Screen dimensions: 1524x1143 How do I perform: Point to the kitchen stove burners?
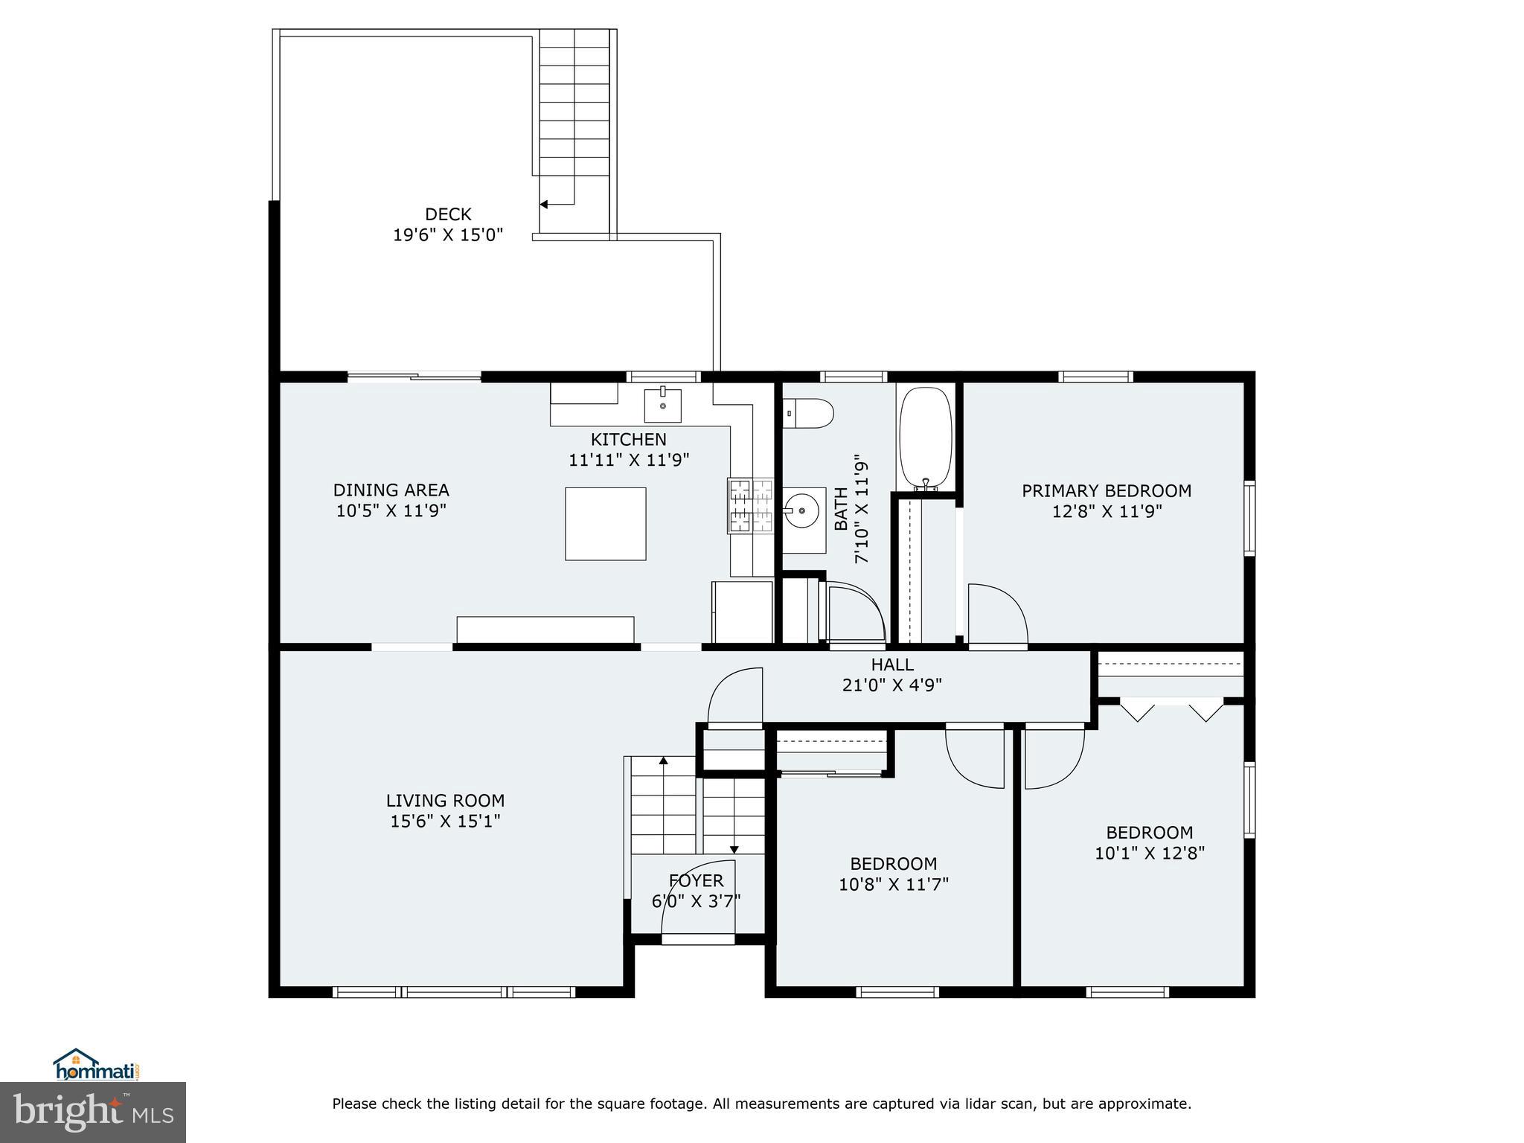pos(751,506)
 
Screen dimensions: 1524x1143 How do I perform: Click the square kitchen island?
pos(605,524)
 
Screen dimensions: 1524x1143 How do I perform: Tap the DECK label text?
pos(448,214)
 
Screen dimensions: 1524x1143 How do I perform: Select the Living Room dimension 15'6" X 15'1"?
pos(446,822)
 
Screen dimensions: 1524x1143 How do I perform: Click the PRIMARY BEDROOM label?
pos(1107,490)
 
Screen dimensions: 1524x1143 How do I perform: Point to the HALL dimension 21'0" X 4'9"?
pos(892,685)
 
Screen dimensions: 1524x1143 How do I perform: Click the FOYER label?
pos(696,881)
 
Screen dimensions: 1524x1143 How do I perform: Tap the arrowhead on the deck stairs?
pos(543,204)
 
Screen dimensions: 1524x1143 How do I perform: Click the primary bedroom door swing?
pos(997,615)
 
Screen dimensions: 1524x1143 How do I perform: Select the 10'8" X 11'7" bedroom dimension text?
pos(894,884)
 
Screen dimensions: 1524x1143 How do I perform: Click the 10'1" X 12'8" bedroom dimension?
pos(1150,853)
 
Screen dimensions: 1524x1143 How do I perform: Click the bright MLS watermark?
pos(93,1112)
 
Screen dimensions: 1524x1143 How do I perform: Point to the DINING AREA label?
pos(391,490)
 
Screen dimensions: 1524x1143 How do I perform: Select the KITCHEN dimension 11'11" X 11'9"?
pos(629,460)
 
